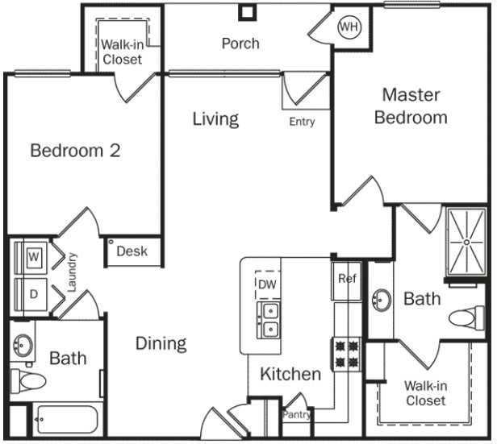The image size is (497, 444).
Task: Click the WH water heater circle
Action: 349,27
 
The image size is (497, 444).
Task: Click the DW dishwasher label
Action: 267,284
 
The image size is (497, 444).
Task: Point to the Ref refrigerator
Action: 346,281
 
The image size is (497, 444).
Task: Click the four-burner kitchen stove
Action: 346,354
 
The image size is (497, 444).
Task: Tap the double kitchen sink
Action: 269,320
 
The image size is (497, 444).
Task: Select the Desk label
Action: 132,251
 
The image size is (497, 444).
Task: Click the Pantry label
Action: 296,414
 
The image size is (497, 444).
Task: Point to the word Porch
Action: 240,44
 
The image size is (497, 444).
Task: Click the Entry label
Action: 302,122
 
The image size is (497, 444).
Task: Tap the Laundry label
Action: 72,272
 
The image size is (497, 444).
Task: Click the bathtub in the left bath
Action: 67,420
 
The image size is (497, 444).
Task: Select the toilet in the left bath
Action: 28,380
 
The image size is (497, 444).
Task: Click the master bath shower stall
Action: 466,243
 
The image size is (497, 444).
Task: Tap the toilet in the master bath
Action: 466,318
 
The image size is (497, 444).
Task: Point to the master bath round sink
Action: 382,300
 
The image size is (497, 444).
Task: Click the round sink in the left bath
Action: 23,345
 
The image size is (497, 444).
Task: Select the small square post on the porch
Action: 247,13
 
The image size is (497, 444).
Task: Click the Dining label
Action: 161,344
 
